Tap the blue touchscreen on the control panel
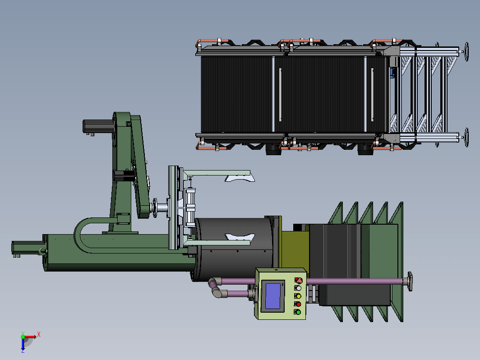[x=273, y=296]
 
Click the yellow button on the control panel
[x=298, y=296]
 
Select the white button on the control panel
[x=298, y=288]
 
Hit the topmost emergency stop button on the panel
[x=299, y=280]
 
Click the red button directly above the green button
[x=298, y=304]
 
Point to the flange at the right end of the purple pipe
[x=410, y=281]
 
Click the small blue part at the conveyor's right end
[x=392, y=73]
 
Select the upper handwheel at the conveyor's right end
[x=466, y=52]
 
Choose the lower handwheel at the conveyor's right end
[x=466, y=138]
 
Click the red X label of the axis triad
[x=39, y=334]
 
